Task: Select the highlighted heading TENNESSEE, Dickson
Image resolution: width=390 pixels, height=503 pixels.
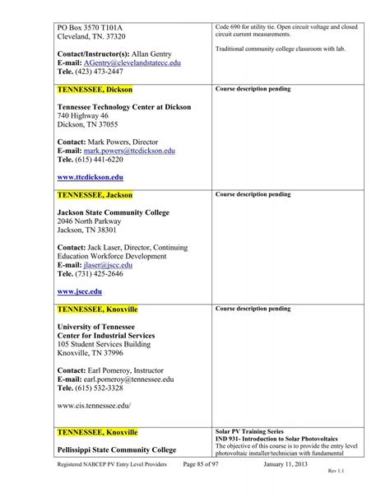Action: pyautogui.click(x=95, y=88)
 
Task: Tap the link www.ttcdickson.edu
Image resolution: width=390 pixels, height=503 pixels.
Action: pyautogui.click(x=91, y=176)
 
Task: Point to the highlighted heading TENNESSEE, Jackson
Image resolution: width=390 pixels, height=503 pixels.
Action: pyautogui.click(x=95, y=195)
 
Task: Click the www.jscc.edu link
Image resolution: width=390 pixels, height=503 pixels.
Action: pyautogui.click(x=80, y=291)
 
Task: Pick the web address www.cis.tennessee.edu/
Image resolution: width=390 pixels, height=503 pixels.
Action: pyautogui.click(x=94, y=405)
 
